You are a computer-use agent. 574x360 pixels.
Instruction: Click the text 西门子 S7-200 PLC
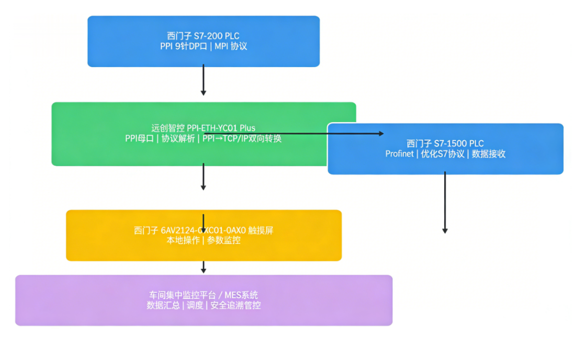(x=203, y=36)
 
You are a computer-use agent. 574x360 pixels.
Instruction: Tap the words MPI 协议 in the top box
(x=231, y=47)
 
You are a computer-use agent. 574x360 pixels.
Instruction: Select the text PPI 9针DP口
(x=184, y=47)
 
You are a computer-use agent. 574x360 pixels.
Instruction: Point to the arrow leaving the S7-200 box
(x=203, y=80)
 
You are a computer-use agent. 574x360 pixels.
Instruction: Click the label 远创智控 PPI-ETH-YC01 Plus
(x=203, y=128)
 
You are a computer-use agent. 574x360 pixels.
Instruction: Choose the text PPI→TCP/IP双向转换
(x=242, y=139)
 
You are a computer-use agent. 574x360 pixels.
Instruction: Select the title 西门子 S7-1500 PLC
(x=445, y=144)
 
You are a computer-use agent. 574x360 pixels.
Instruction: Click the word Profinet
(x=399, y=154)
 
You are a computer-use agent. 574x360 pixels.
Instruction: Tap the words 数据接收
(x=488, y=154)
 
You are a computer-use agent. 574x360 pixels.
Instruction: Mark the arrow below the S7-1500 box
(x=445, y=203)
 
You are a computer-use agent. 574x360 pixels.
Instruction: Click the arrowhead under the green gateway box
(x=203, y=187)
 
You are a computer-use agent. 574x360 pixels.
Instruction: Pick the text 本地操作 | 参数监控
(x=203, y=241)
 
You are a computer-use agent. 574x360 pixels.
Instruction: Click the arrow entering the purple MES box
(x=203, y=268)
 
